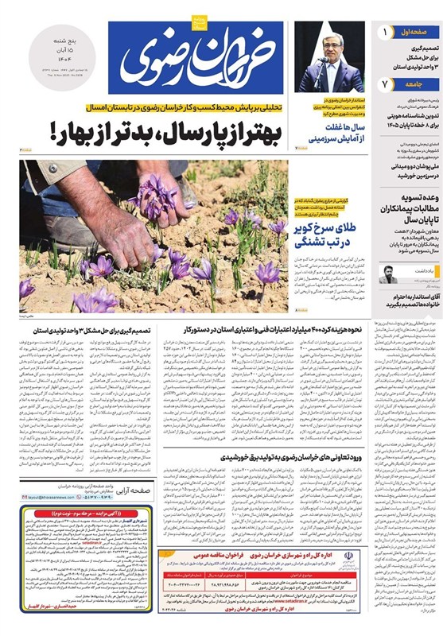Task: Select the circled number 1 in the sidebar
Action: [386, 33]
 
